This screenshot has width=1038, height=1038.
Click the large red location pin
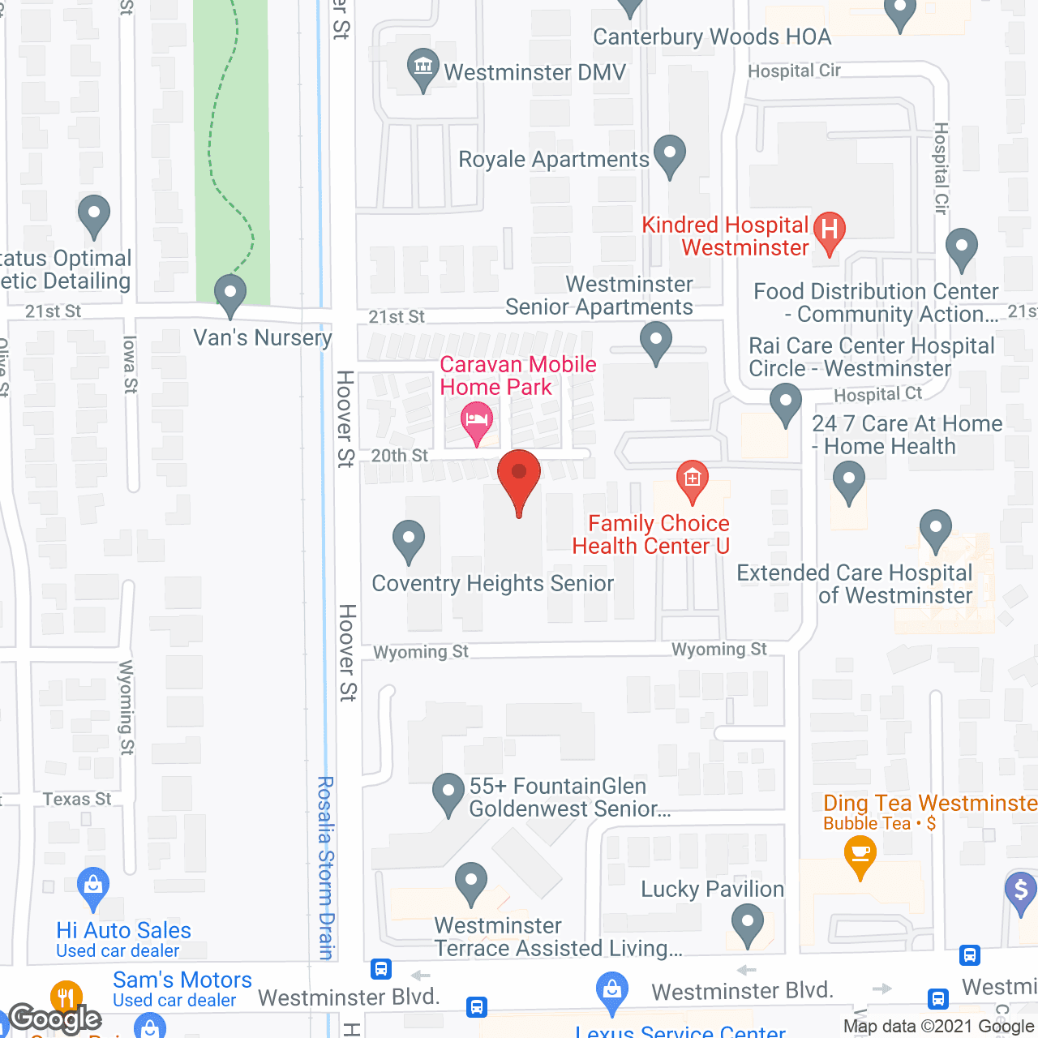click(518, 478)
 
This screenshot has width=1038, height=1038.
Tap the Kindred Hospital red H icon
click(829, 231)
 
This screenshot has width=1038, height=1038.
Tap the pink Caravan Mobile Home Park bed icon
click(477, 420)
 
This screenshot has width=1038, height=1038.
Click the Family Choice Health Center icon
click(692, 478)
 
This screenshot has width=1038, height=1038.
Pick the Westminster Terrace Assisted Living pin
click(470, 881)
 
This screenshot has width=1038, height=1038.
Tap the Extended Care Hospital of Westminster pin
click(935, 529)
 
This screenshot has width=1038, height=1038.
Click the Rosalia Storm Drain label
click(326, 868)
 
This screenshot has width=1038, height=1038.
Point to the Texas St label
click(77, 800)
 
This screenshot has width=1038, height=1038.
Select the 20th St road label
click(399, 456)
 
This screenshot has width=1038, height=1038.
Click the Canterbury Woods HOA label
click(712, 37)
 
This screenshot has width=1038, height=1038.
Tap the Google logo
click(55, 1018)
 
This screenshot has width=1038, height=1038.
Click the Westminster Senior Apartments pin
click(655, 341)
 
